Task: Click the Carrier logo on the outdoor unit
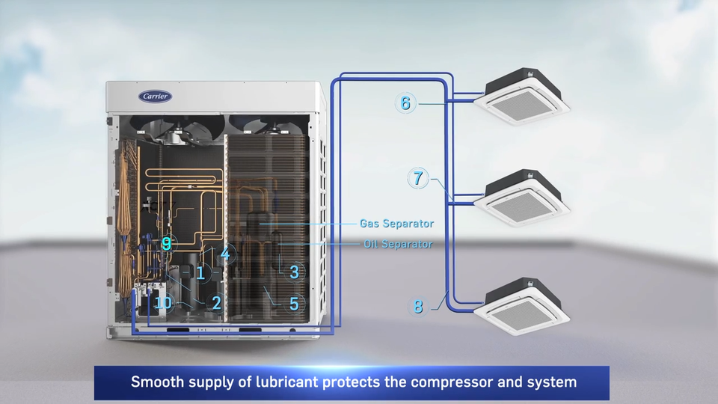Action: click(x=155, y=97)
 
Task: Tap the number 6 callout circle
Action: click(x=405, y=103)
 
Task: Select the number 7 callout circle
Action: click(x=418, y=179)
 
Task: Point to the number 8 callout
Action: click(x=417, y=306)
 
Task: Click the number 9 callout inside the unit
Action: click(x=166, y=243)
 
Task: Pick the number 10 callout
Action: click(x=163, y=303)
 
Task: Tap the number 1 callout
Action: click(x=200, y=273)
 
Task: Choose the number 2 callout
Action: click(x=216, y=303)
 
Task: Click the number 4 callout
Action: click(x=225, y=254)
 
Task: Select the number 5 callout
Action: click(x=294, y=304)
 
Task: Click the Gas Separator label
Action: click(x=396, y=224)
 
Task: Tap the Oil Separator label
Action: click(x=398, y=244)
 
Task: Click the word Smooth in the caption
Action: click(x=156, y=382)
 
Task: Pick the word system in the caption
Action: click(x=554, y=382)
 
